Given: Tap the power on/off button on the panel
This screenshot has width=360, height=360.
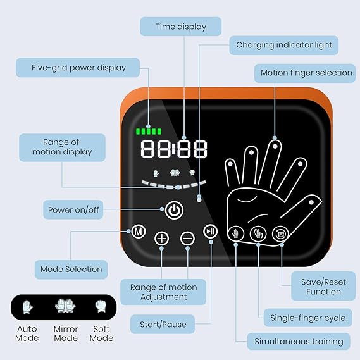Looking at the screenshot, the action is [x=174, y=210].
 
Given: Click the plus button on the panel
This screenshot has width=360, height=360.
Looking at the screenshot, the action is [x=161, y=239].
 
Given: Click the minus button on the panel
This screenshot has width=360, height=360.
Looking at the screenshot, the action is [x=187, y=239].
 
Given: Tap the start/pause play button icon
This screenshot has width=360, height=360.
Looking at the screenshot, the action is [x=210, y=231].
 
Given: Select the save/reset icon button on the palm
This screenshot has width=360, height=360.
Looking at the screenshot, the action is [x=280, y=234].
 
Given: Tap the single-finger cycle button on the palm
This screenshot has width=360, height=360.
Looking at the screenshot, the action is [x=258, y=234].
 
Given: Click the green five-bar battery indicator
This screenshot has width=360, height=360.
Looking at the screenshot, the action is [x=149, y=132].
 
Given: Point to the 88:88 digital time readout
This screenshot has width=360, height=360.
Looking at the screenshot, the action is [x=174, y=149].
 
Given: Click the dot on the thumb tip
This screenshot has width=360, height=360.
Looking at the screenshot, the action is [x=311, y=202].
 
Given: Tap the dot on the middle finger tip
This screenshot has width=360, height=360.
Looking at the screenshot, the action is [x=275, y=146].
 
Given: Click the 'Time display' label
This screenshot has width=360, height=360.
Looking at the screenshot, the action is [x=181, y=27].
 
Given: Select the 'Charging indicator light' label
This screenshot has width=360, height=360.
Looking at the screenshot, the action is [x=284, y=45].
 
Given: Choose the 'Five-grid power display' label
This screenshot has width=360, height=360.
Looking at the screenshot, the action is [x=78, y=68].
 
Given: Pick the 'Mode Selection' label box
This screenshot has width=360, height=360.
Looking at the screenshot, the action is [x=71, y=270].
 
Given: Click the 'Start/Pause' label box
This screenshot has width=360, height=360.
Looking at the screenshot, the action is [x=163, y=324].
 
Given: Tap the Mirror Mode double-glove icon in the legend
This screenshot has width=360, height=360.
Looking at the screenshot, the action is [x=65, y=306].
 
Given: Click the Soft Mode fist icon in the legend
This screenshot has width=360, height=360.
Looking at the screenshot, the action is [x=101, y=306].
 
